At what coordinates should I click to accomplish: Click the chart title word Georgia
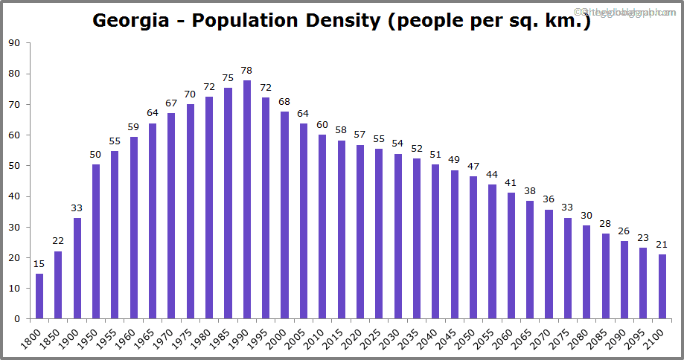130,20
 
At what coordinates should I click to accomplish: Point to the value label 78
247,71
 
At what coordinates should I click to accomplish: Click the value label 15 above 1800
39,264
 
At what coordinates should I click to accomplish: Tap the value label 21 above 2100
662,245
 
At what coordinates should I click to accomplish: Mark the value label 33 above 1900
77,208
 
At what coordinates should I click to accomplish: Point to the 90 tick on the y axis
14,43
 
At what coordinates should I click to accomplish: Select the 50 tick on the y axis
14,166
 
